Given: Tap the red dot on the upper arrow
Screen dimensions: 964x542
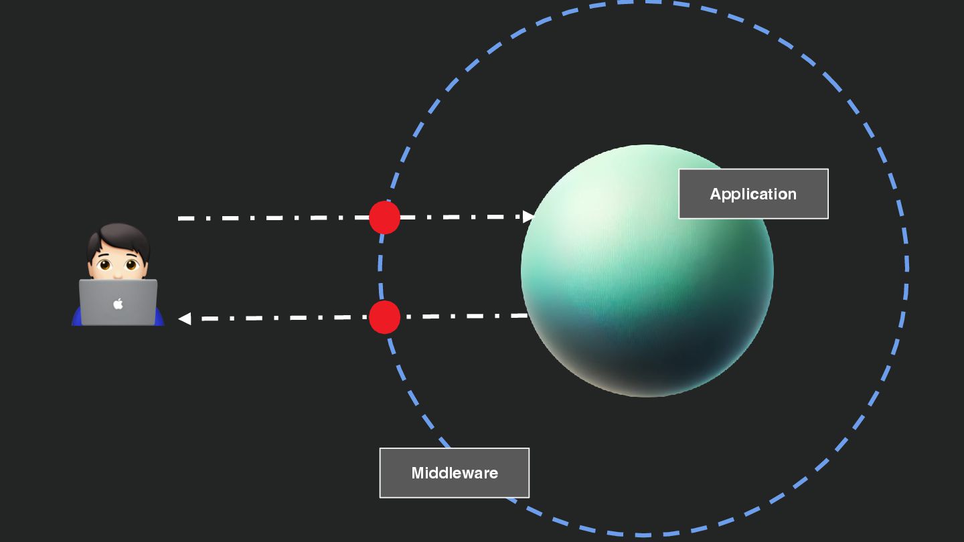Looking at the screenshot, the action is [384, 217].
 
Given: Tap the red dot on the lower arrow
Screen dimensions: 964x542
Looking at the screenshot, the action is [384, 317].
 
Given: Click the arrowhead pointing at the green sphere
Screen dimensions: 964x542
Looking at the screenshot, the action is [529, 216].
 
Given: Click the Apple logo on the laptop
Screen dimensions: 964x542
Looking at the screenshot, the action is [118, 304].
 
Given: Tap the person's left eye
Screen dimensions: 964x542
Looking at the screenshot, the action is [105, 265].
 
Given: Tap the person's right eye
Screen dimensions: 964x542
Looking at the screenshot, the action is [131, 265].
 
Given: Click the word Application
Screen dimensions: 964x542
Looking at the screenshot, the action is [753, 194].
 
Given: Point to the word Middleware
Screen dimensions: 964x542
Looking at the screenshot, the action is [455, 473].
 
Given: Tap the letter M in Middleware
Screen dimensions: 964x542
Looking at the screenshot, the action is [418, 473].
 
